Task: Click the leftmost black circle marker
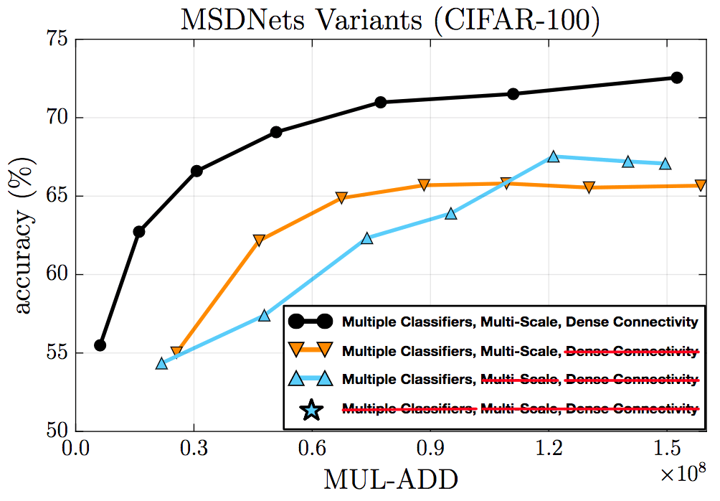tap(100, 345)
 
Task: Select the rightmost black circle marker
tap(676, 78)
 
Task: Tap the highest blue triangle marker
tap(553, 156)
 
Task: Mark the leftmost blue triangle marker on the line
tap(161, 363)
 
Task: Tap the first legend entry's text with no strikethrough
tap(520, 322)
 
